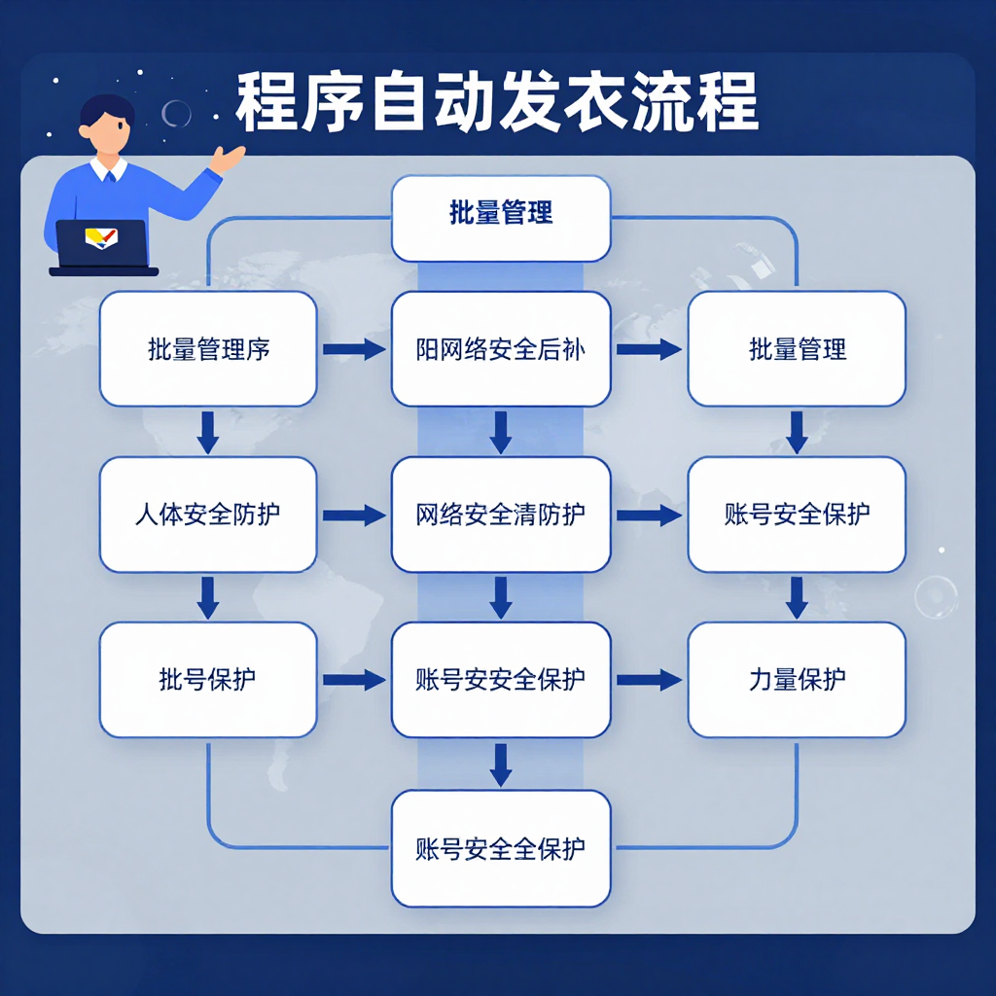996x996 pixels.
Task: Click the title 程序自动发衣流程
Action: coord(496,101)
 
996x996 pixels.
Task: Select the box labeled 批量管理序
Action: coord(208,349)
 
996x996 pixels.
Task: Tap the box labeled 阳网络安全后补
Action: coord(501,349)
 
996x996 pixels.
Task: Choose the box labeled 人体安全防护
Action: coord(208,515)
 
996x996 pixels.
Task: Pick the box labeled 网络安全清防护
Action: coord(501,515)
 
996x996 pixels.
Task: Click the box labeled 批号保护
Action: coord(208,680)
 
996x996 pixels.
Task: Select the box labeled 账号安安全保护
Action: coord(501,680)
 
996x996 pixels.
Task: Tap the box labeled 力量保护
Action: coord(797,680)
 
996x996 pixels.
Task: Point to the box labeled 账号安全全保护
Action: coord(501,848)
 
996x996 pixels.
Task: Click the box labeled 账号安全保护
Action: coord(797,515)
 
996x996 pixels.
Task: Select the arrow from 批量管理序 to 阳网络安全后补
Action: coord(354,349)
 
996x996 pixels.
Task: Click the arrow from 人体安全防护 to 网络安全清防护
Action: coord(354,516)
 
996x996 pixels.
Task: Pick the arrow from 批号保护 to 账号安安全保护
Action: coord(354,681)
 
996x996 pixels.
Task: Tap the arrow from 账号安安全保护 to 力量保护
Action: coord(649,681)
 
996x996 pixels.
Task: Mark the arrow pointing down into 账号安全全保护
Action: coord(501,765)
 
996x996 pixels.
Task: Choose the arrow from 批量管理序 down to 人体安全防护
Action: coord(208,432)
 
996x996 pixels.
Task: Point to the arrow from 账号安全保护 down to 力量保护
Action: coord(797,597)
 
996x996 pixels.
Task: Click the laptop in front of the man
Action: coord(102,246)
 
